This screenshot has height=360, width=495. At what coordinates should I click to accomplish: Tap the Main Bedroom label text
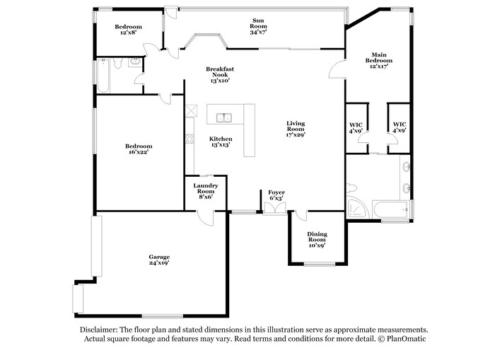pyautogui.click(x=378, y=57)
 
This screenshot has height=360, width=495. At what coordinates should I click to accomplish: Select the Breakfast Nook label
pyautogui.click(x=220, y=72)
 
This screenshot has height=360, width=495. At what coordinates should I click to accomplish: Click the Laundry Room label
pyautogui.click(x=205, y=187)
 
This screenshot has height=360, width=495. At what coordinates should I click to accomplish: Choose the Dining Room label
pyautogui.click(x=316, y=236)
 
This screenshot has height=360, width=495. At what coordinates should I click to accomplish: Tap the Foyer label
pyautogui.click(x=275, y=192)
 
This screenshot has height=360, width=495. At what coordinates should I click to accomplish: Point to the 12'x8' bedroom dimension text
pyautogui.click(x=128, y=33)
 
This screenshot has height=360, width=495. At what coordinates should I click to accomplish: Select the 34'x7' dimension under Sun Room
pyautogui.click(x=257, y=32)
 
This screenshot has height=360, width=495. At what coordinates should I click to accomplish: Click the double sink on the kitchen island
pyautogui.click(x=226, y=117)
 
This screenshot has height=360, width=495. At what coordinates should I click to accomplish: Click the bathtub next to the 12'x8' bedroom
pyautogui.click(x=102, y=77)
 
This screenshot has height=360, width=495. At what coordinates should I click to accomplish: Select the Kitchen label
pyautogui.click(x=220, y=139)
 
